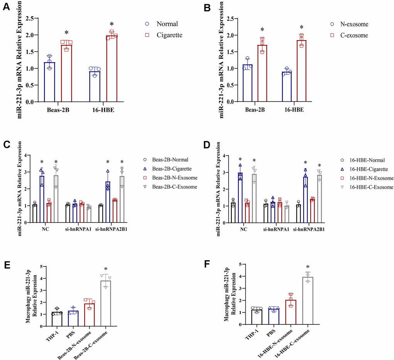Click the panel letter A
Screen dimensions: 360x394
[x=6, y=9]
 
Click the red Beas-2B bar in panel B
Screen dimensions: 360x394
[x=262, y=73]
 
